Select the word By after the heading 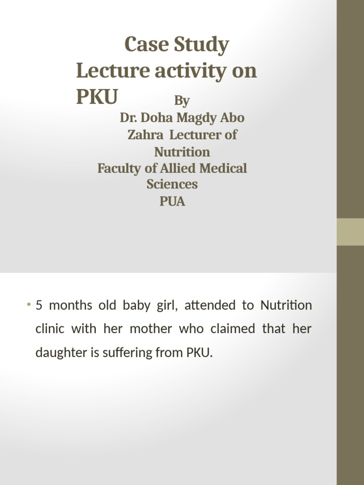(182, 101)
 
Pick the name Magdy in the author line (199, 117)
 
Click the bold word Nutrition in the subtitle (182, 152)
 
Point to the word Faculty (119, 169)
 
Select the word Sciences (172, 184)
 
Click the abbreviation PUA (172, 202)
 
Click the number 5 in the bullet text (39, 305)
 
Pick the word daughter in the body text (56, 353)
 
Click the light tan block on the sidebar (350, 232)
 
